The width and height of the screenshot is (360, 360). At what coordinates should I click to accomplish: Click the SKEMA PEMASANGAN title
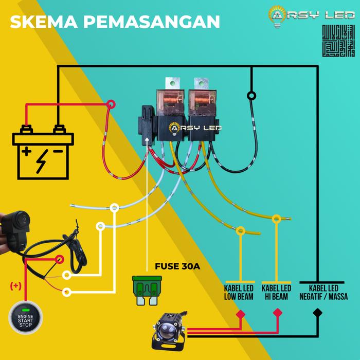(115, 22)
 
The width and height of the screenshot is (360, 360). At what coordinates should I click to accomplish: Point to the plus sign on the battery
(26, 152)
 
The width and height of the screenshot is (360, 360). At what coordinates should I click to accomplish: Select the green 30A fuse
(147, 289)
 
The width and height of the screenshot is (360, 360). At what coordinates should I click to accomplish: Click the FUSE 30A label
(177, 266)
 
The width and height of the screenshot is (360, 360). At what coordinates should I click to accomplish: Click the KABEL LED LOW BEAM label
(239, 293)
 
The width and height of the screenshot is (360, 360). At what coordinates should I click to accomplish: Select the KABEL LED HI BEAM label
(277, 293)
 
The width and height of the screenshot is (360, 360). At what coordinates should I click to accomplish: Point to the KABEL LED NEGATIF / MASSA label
(323, 293)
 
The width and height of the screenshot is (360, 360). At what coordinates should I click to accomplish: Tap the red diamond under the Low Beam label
(240, 313)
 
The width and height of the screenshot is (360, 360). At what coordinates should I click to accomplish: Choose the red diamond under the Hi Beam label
(278, 313)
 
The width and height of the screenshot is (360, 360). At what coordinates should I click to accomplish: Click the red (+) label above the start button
(16, 286)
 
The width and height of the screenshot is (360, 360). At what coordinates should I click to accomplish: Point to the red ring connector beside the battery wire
(110, 105)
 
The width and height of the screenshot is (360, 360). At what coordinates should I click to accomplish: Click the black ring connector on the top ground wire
(251, 96)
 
